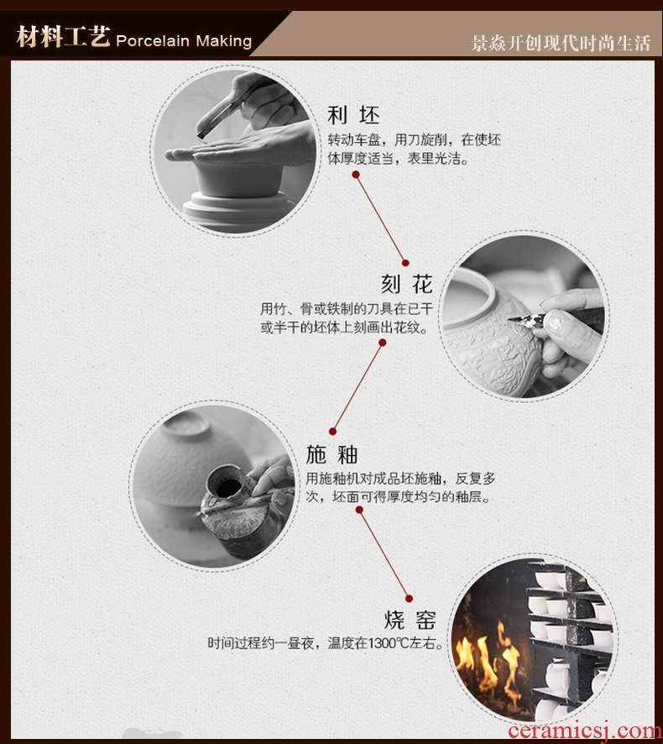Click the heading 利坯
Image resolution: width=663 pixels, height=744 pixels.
tap(354, 115)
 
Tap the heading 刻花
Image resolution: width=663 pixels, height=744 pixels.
tap(407, 284)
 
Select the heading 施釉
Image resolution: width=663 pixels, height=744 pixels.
tap(331, 454)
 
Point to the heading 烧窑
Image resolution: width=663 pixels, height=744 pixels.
tap(410, 620)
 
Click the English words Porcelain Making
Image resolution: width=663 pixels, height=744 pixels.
tap(184, 41)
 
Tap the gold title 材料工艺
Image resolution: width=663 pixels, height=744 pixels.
tap(64, 37)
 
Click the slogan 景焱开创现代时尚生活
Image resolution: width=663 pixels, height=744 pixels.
tap(561, 43)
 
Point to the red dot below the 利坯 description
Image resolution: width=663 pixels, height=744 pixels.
tap(356, 175)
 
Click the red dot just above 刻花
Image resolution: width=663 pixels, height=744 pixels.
tap(405, 263)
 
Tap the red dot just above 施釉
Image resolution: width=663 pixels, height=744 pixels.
tap(333, 432)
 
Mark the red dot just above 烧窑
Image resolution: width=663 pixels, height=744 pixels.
tap(410, 599)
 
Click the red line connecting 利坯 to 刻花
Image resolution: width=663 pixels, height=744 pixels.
tap(380, 218)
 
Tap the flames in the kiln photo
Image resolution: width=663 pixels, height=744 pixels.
tap(489, 659)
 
